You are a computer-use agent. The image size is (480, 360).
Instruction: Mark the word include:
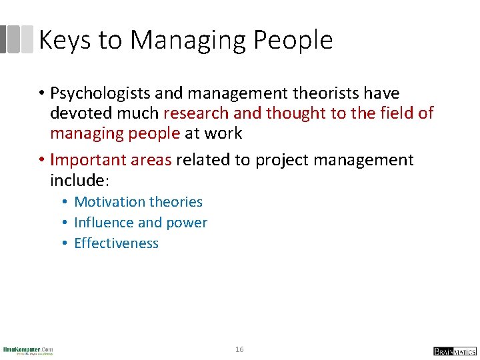point(77,181)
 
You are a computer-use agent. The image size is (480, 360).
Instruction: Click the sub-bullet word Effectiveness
point(117,243)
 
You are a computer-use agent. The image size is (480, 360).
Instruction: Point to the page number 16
point(240,350)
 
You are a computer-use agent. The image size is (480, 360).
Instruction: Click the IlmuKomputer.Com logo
point(28,350)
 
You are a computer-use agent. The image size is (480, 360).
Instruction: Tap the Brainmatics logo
point(455,351)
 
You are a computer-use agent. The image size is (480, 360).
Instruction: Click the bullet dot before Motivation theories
point(65,202)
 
